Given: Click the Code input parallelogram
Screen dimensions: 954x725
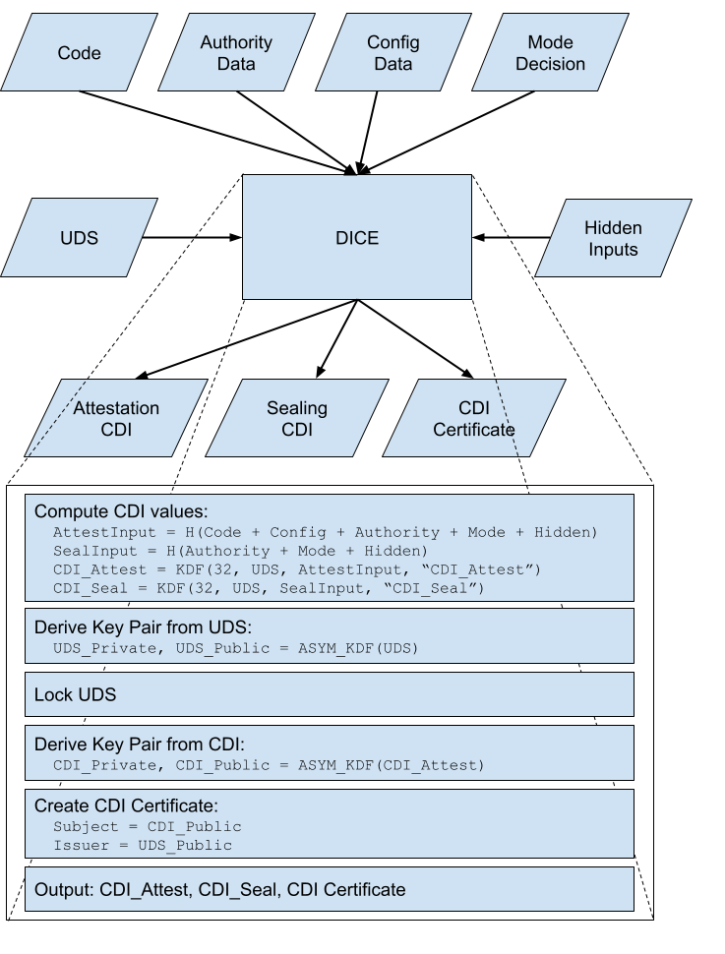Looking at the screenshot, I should point(79,53).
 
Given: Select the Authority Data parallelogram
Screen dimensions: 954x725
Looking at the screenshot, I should point(236,53).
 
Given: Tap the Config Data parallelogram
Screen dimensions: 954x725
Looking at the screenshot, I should point(393,53).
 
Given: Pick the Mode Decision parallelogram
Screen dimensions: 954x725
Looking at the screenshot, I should point(550,53).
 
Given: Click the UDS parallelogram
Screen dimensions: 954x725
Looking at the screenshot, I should point(79,238).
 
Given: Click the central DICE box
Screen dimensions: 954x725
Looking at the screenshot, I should point(356,238).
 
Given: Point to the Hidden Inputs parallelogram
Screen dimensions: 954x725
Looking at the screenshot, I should point(613,239).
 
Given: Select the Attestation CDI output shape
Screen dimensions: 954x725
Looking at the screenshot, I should point(116,419).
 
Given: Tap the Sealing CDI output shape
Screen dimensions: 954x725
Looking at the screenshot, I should point(297,419).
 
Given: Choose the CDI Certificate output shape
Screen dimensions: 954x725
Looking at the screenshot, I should point(473,419).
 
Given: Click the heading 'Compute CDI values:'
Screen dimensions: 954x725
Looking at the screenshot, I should point(121,511).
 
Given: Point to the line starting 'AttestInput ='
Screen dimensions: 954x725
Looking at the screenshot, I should point(325,532).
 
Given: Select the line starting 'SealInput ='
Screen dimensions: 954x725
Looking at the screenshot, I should point(240,551).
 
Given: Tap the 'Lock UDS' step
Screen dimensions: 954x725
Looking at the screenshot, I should point(75,694).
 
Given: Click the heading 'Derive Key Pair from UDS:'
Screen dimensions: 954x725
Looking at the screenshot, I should point(142,627).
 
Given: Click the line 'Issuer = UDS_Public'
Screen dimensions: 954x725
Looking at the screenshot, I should point(143,845).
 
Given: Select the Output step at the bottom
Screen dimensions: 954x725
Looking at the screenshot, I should point(219,889).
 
